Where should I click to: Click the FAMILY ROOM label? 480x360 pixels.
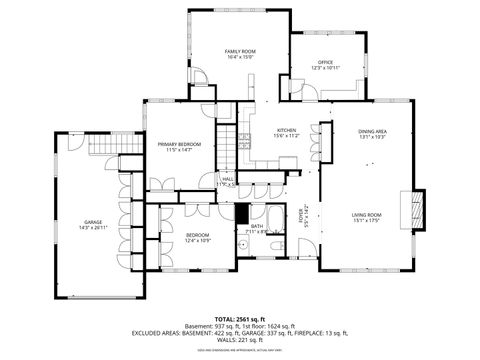240,51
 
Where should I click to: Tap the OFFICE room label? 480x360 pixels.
326,62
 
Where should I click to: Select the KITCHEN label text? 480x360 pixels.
287,131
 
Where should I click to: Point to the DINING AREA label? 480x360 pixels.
372,131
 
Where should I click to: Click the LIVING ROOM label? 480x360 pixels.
367,215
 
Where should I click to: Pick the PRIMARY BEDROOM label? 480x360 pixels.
179,144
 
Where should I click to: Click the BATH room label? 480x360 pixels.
257,226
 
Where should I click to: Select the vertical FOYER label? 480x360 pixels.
302,216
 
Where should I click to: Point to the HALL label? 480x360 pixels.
228,180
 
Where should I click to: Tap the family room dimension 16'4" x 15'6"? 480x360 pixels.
240,57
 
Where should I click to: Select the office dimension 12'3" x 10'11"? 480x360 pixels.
326,68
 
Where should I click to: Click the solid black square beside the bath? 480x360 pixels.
241,212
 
